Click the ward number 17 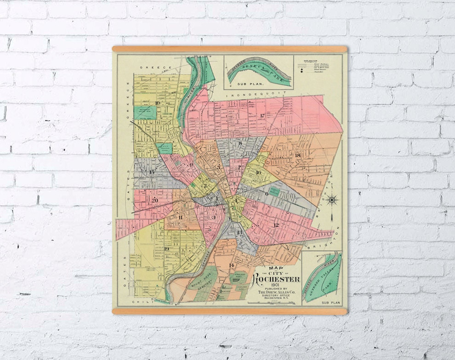[x=262, y=116]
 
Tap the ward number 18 [x=297, y=155]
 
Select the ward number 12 [x=276, y=225]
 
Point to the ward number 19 [x=166, y=249]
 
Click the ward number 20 [x=155, y=200]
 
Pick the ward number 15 [x=152, y=172]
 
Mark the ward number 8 [x=240, y=143]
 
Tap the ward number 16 [x=258, y=173]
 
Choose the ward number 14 [x=231, y=265]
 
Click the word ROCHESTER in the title [x=277, y=279]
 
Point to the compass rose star [x=332, y=200]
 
